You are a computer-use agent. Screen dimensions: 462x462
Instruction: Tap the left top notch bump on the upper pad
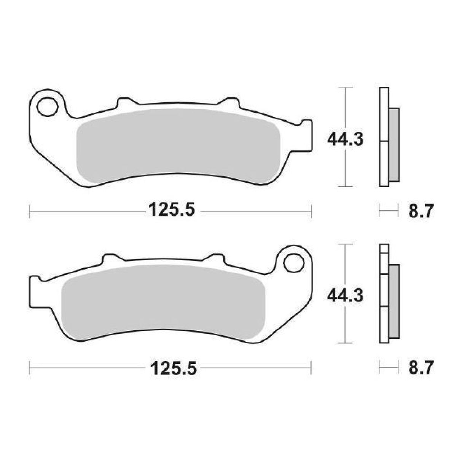pyautogui.click(x=123, y=103)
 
